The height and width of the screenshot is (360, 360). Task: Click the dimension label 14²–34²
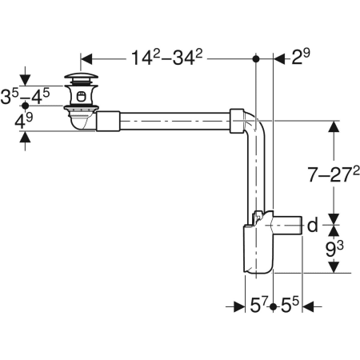168,58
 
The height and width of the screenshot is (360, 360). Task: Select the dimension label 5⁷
258,306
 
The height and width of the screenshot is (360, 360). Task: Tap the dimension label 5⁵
291,306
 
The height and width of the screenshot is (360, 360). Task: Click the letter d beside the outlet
313,225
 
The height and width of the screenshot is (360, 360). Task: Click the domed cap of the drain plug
80,78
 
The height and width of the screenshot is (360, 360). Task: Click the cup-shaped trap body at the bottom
254,253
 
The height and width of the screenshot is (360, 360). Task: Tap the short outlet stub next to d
290,224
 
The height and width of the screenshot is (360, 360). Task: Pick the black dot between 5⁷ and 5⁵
274,306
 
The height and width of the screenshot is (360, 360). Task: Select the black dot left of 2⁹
256,58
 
